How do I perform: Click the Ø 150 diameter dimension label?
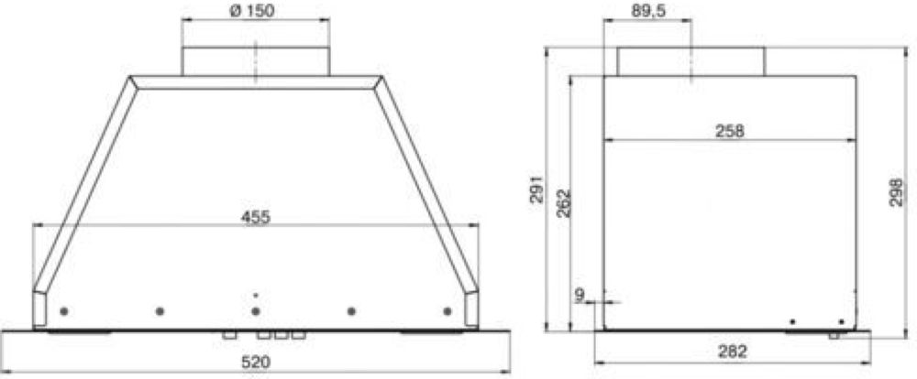click(x=251, y=10)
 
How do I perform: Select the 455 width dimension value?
click(x=256, y=217)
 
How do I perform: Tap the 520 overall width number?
click(x=256, y=363)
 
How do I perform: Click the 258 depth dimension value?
click(x=730, y=132)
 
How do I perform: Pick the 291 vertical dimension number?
click(x=536, y=188)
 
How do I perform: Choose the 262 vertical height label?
click(x=563, y=203)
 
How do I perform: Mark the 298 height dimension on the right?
click(x=895, y=192)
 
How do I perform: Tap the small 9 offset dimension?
click(x=579, y=296)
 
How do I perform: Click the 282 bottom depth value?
click(x=732, y=352)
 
